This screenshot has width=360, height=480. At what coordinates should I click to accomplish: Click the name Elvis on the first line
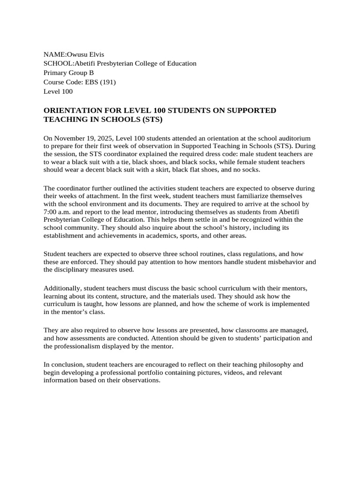95,54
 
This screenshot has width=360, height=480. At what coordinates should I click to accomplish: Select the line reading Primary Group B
68,73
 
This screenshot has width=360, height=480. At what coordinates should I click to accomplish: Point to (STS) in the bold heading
152,120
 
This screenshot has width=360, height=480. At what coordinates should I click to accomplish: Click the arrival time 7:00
52,211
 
